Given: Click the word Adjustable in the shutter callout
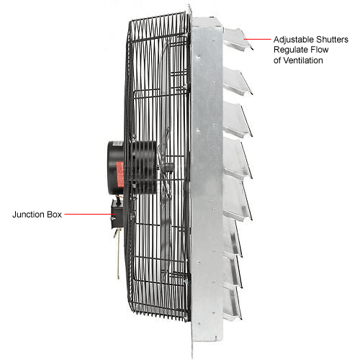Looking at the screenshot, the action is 294,40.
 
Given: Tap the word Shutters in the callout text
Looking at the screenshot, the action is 332,40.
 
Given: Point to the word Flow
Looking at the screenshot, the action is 320,50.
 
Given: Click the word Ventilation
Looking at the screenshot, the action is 303,60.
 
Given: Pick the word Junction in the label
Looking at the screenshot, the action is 29,215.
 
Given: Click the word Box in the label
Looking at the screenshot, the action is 55,215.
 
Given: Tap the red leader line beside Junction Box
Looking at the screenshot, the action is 89,214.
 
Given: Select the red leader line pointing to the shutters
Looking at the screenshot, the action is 257,39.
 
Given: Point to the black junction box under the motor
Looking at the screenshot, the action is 117,214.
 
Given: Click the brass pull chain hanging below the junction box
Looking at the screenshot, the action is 117,254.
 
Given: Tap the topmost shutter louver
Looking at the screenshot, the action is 238,39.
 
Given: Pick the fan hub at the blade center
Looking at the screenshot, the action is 167,167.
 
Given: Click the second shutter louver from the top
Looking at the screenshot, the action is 237,81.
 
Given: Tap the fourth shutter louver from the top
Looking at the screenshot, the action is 237,158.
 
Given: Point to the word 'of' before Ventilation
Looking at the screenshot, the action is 277,60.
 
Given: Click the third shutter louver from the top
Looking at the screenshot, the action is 237,120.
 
